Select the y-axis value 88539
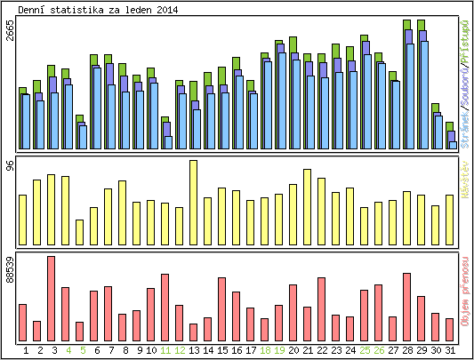click(10, 269)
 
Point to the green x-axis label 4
click(68, 350)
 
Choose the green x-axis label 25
click(365, 350)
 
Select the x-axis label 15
click(222, 350)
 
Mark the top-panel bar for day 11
click(165, 133)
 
